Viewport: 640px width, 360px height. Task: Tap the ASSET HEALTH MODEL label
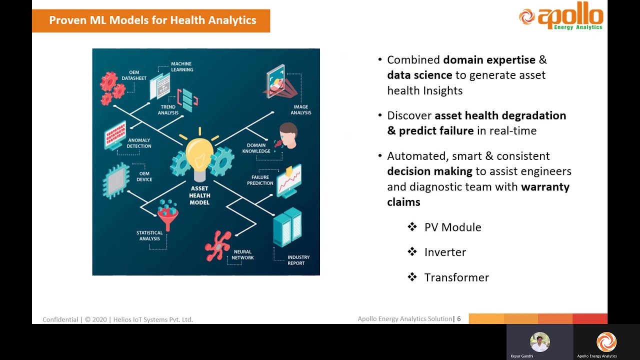click(x=199, y=195)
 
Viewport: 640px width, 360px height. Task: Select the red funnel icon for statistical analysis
click(x=167, y=214)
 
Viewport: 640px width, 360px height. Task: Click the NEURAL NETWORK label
click(x=242, y=254)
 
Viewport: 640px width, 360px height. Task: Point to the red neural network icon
click(x=218, y=245)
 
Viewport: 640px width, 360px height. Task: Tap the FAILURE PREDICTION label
click(x=259, y=180)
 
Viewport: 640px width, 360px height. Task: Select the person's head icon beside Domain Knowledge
click(x=287, y=135)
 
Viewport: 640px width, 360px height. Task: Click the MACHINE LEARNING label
click(x=181, y=66)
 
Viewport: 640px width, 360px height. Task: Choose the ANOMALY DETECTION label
click(x=139, y=143)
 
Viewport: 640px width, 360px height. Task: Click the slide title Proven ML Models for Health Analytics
click(x=152, y=20)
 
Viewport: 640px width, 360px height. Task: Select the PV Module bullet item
click(x=452, y=227)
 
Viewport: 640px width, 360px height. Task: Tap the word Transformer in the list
click(x=456, y=277)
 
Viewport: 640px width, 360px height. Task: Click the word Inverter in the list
click(x=445, y=252)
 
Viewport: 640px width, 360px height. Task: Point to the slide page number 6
click(x=459, y=318)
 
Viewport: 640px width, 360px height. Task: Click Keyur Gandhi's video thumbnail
click(x=539, y=342)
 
